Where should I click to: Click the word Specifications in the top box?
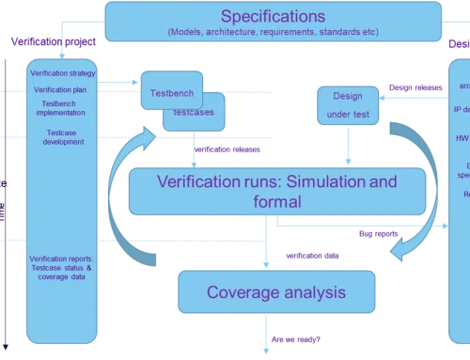coord(274,15)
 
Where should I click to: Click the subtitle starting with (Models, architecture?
coord(273,32)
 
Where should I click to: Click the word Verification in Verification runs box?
coord(192,180)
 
